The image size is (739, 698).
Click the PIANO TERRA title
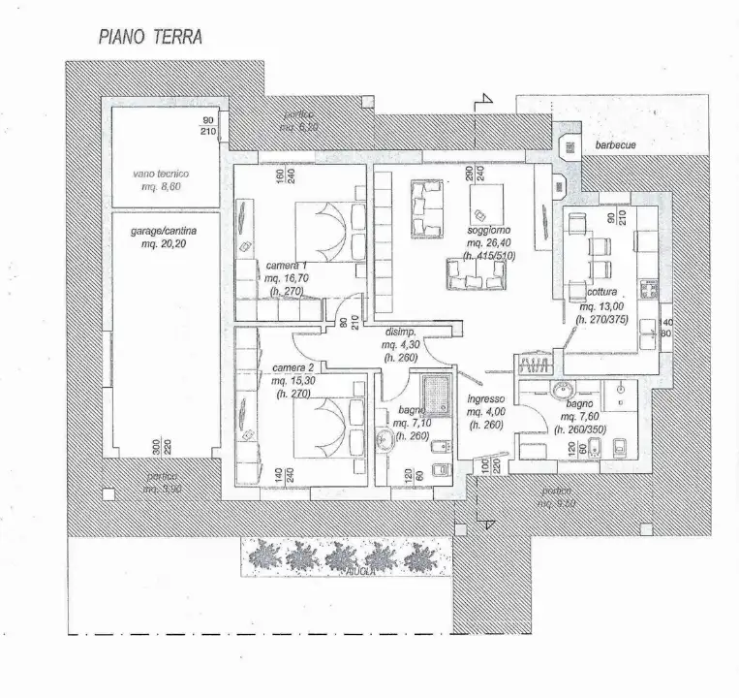pyautogui.click(x=150, y=38)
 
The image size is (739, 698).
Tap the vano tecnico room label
pyautogui.click(x=162, y=174)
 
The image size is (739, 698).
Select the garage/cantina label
pyautogui.click(x=163, y=233)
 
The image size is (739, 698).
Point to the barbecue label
pyautogui.click(x=616, y=144)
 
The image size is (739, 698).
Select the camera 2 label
pyautogui.click(x=293, y=368)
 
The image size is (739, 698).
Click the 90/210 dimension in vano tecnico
pyautogui.click(x=207, y=125)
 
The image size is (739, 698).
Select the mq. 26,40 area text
pyautogui.click(x=489, y=244)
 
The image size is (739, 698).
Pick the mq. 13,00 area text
pyautogui.click(x=601, y=305)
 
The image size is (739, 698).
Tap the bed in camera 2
pyautogui.click(x=325, y=428)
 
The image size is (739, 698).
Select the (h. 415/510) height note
pyautogui.click(x=490, y=256)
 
